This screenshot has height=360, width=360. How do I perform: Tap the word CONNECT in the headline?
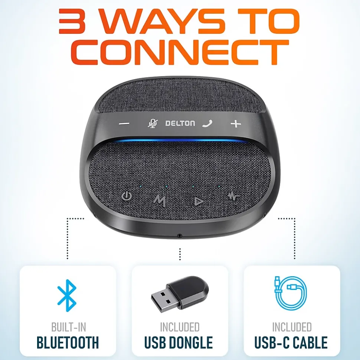click(x=180, y=52)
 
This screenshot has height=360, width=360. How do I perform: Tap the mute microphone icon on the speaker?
click(x=153, y=123)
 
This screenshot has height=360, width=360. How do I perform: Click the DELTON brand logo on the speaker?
click(x=180, y=123)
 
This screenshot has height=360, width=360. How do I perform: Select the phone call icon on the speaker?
click(x=207, y=123)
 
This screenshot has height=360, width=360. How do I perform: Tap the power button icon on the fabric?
click(x=127, y=196)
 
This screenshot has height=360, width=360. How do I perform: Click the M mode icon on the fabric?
click(x=160, y=201)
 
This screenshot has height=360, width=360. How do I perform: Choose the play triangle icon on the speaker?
click(x=198, y=201)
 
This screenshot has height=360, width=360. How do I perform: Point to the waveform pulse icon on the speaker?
click(x=233, y=196)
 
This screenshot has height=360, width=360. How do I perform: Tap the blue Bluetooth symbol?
click(x=67, y=295)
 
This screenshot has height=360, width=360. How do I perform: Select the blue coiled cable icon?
click(x=291, y=293)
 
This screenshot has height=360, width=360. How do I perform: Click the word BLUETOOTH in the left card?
click(x=68, y=343)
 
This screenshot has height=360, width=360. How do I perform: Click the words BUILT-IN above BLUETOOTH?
click(x=69, y=327)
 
